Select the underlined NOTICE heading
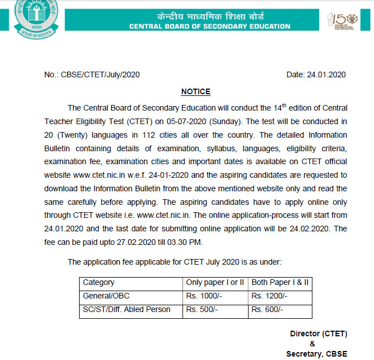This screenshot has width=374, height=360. point(195,91)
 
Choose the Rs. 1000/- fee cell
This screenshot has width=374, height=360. point(204,296)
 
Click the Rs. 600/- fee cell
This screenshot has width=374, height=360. point(267,309)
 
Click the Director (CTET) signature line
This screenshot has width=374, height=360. point(319,333)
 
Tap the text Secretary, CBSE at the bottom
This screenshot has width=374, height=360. point(316,354)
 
